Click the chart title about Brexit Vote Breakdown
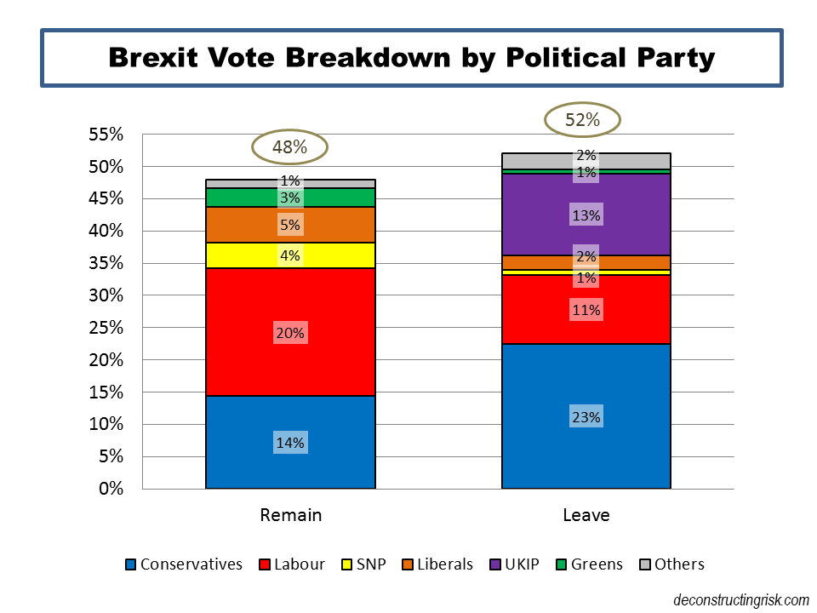click(x=411, y=58)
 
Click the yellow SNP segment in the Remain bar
click(x=247, y=255)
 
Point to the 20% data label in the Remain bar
click(x=289, y=334)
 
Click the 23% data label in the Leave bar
click(x=586, y=417)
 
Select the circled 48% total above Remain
click(x=289, y=147)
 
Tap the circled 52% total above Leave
click(x=583, y=120)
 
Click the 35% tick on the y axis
click(x=107, y=263)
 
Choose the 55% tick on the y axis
click(x=107, y=135)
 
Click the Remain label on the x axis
click(x=290, y=515)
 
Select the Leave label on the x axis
click(x=586, y=515)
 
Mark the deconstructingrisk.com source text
click(x=740, y=599)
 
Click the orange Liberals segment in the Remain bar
click(x=247, y=225)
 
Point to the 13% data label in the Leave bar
click(x=586, y=215)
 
